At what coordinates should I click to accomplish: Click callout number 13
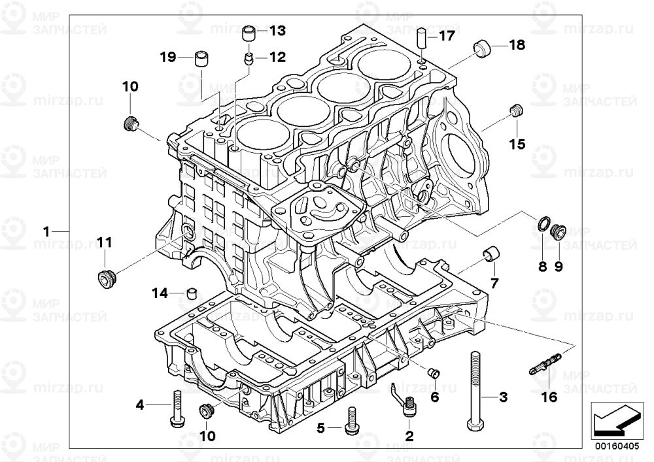point(277,31)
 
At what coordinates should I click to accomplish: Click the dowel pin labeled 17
point(422,37)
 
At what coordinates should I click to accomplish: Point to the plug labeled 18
point(483,47)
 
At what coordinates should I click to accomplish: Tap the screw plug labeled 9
point(558,231)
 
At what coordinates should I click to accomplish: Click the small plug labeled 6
point(432,372)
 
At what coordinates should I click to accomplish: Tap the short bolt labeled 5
point(353,423)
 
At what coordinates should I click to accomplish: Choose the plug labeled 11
point(104,278)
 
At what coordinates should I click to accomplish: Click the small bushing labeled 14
point(192,292)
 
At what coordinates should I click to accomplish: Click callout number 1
point(46,231)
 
